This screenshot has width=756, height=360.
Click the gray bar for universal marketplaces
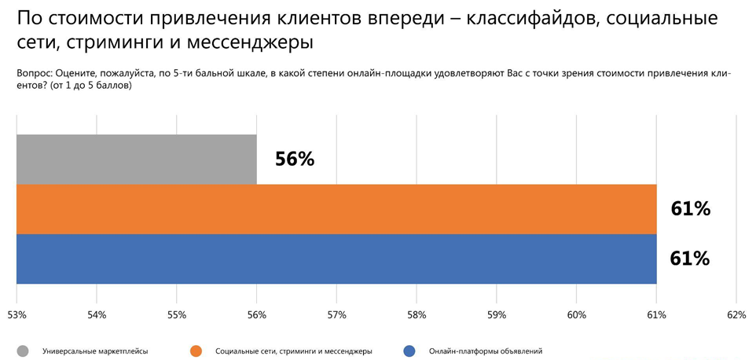coord(136,160)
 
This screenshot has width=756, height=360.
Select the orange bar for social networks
coord(336,209)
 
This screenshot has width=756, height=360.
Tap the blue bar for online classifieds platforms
coord(336,259)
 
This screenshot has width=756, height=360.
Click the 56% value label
coord(295,159)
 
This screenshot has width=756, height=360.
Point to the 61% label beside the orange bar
coord(690,209)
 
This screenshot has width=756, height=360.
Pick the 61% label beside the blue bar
coord(690,259)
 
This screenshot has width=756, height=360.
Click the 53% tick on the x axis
coord(17,315)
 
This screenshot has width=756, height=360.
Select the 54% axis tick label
coord(97,315)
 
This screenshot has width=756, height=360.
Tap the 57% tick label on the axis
coord(336,315)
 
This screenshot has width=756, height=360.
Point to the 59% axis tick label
coord(497,315)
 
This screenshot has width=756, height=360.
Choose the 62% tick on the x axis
coord(736,315)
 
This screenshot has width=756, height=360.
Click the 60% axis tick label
coord(576,315)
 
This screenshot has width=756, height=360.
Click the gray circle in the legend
coord(23,351)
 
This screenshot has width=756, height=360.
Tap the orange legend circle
coord(196,351)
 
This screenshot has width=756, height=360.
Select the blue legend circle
coord(409,351)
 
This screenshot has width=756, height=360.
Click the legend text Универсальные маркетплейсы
coord(95,351)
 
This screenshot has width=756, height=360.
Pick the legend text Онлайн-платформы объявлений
coord(486,351)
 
